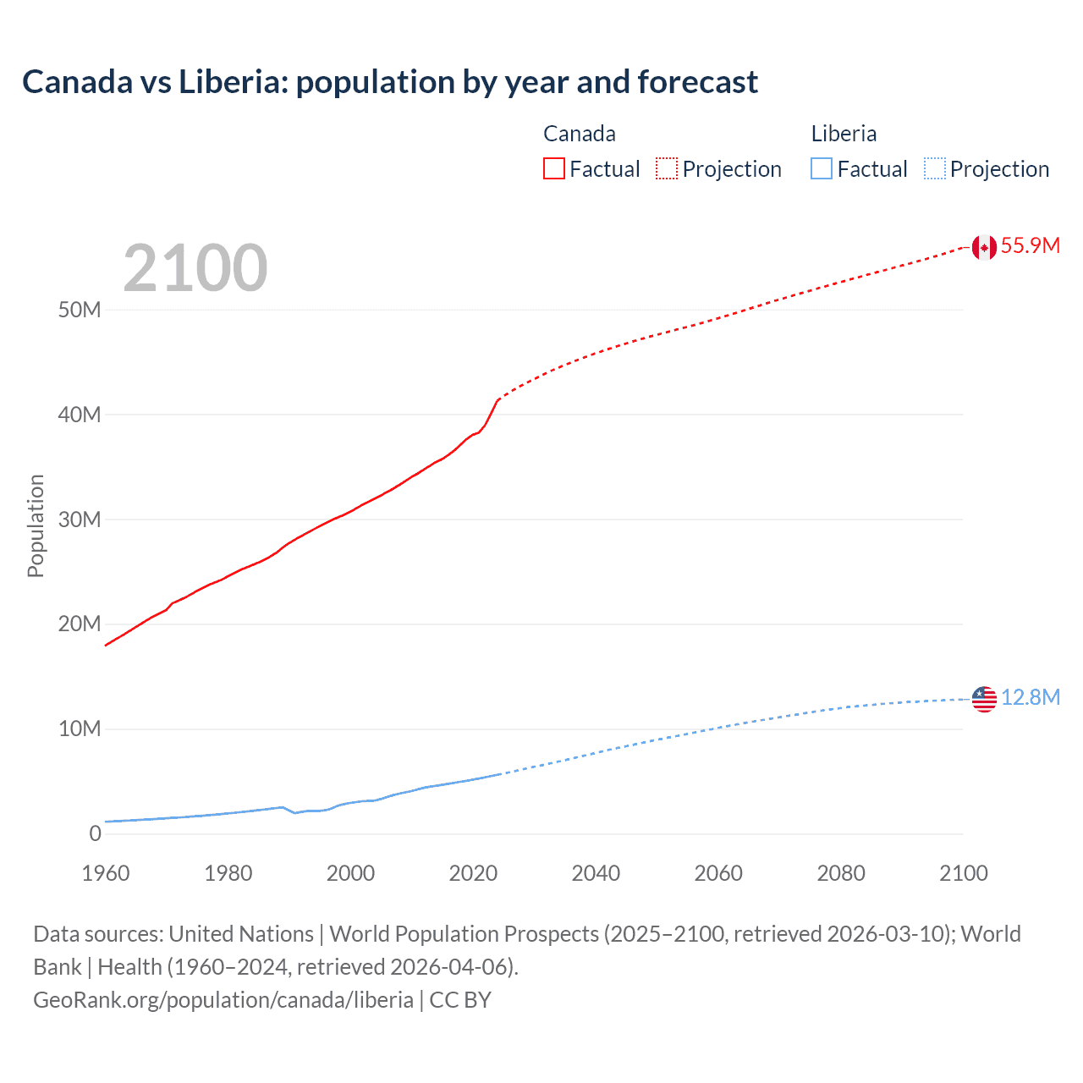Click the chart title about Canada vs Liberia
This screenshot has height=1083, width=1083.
click(390, 82)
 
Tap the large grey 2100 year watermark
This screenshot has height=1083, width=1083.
click(195, 268)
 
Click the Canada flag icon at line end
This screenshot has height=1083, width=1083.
click(984, 247)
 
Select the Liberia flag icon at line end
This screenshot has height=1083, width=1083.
click(984, 699)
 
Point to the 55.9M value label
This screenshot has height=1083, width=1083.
click(1030, 246)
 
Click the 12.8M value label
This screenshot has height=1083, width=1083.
click(1030, 697)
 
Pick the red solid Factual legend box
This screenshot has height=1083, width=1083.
click(554, 169)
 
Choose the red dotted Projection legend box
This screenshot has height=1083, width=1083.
click(667, 169)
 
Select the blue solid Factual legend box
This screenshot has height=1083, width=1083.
click(822, 169)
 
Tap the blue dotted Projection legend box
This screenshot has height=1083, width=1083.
click(935, 169)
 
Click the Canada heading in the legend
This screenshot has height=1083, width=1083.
click(580, 134)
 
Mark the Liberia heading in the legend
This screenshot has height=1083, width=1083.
click(844, 134)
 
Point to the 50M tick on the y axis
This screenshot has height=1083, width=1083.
click(80, 310)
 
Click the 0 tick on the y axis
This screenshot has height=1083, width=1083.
click(95, 833)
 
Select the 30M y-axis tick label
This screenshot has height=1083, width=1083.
click(80, 520)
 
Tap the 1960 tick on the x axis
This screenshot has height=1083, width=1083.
click(106, 873)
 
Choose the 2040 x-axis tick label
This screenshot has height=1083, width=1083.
click(596, 873)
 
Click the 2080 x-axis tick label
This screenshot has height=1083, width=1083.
click(841, 873)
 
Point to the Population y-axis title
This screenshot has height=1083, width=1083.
click(36, 525)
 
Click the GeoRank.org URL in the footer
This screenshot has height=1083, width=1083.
click(223, 1000)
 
